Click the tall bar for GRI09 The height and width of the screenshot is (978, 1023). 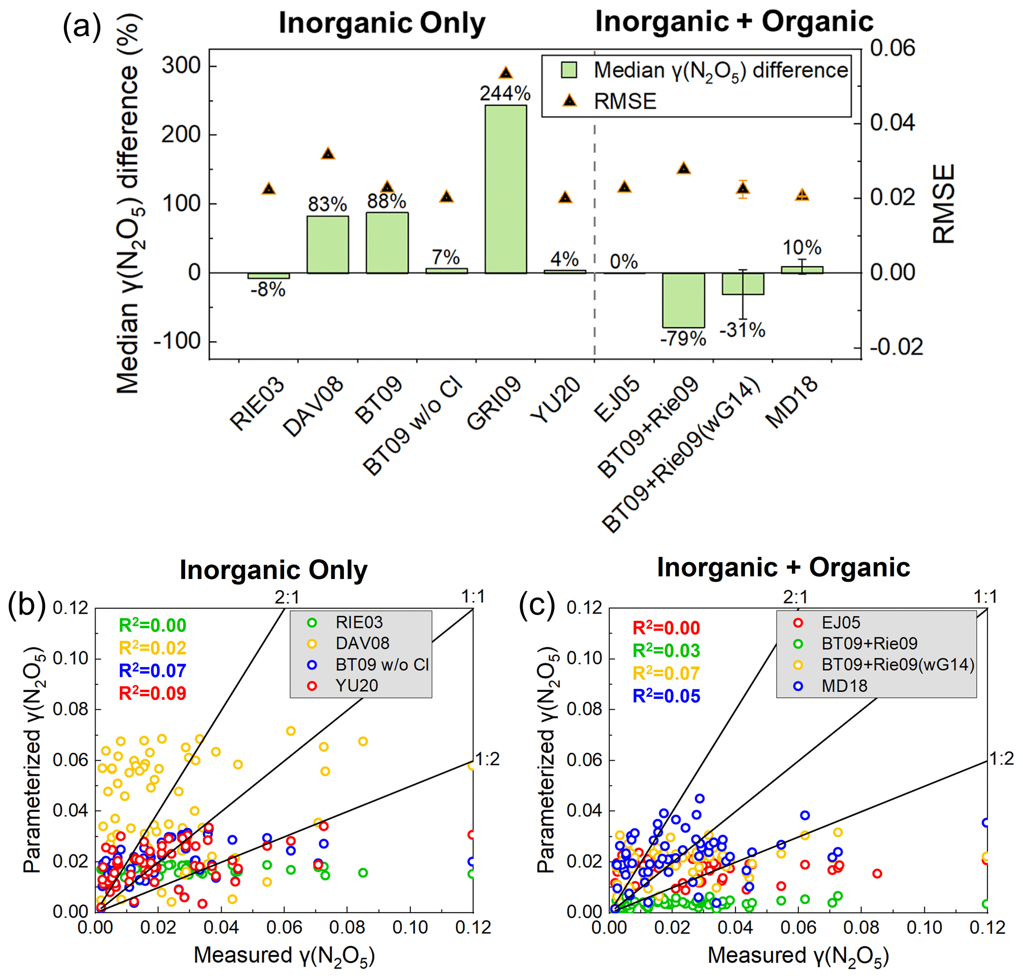click(x=505, y=189)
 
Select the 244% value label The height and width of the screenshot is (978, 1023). click(x=505, y=94)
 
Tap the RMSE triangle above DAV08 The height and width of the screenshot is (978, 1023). click(x=328, y=154)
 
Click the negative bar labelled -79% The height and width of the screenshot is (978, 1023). click(x=683, y=300)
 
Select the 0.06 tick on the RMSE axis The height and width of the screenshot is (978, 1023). click(x=892, y=49)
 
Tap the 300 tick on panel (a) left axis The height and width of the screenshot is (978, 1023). click(x=181, y=66)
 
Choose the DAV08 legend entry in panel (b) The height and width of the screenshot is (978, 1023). click(x=362, y=643)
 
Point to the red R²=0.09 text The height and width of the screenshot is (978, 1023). click(x=152, y=693)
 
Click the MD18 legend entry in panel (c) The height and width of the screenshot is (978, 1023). click(x=844, y=686)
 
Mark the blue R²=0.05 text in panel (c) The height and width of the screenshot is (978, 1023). click(x=666, y=696)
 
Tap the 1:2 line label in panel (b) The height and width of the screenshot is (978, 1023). click(x=487, y=759)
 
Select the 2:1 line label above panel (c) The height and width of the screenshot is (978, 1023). click(x=795, y=597)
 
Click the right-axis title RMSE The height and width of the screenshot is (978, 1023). click(x=944, y=204)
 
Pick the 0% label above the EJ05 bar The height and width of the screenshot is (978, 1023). click(x=624, y=262)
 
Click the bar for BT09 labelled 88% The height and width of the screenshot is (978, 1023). click(x=387, y=243)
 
